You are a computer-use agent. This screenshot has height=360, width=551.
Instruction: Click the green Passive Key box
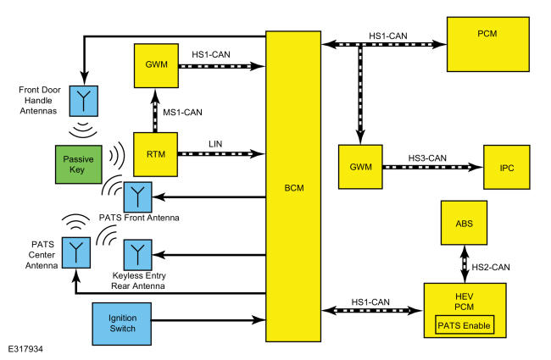coord(79,164)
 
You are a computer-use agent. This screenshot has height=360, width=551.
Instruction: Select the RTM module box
coord(156,154)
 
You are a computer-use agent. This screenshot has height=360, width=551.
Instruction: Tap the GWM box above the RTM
coord(156,66)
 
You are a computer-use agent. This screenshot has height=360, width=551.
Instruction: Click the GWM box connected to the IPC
coord(360,167)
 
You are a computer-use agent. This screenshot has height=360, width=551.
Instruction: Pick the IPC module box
coord(507,167)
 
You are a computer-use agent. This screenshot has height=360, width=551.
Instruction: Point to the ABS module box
coord(465,223)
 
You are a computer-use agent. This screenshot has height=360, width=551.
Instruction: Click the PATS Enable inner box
coord(465,325)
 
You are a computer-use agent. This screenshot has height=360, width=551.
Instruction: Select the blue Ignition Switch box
coord(122,324)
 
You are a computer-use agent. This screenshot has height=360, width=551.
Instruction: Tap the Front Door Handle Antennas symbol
coord(84,101)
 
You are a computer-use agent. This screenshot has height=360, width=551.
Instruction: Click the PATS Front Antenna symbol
coord(137,197)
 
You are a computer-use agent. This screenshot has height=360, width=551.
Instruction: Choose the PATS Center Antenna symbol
coord(76,253)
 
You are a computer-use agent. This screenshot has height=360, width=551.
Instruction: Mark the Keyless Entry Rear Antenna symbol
coord(137,255)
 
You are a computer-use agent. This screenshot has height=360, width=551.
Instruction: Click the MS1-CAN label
coord(182,113)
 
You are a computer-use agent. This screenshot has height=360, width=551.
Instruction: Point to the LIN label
coord(215,144)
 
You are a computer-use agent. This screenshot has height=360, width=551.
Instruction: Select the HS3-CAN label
coord(427,158)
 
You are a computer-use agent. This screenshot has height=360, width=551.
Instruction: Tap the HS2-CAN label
coord(491,268)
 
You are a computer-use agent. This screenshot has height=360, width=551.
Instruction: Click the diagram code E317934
coord(25,349)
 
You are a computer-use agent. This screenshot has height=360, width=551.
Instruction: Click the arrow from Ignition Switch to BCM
coord(209,320)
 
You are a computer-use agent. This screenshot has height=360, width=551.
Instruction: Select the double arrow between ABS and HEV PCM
coord(465,264)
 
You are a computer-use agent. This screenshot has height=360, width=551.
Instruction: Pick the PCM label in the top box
coord(487,34)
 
